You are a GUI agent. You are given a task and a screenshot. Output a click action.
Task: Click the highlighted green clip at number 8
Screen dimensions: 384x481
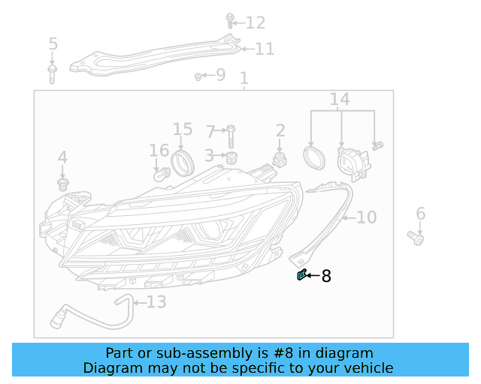(301, 275)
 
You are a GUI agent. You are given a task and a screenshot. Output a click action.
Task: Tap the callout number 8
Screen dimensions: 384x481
(326, 276)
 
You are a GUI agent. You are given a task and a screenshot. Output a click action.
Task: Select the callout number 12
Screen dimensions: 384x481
(256, 22)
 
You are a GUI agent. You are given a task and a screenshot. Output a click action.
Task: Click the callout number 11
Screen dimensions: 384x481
(264, 49)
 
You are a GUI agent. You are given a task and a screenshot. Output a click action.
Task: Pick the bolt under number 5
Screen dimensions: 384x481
(53, 73)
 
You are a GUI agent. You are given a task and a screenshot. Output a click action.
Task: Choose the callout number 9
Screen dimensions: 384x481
(219, 74)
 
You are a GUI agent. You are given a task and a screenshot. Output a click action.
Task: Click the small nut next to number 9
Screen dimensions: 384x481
(198, 76)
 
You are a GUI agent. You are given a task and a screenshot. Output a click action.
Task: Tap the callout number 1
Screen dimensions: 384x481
(244, 79)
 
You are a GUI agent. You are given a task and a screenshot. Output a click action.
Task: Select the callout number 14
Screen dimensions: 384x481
(340, 99)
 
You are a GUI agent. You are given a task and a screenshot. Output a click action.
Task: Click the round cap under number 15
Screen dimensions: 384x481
(181, 160)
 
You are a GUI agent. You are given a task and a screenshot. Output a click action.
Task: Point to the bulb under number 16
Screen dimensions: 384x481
(160, 174)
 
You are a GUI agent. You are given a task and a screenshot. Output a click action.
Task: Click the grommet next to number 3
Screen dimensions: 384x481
(231, 157)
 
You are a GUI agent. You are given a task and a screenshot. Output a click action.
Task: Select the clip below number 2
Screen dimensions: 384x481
(280, 158)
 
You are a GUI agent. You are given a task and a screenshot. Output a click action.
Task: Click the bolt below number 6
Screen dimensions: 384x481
(416, 238)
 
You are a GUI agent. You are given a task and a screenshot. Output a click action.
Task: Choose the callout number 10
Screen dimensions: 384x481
(366, 217)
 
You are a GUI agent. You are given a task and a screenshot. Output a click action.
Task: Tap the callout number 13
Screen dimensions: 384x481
(156, 302)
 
